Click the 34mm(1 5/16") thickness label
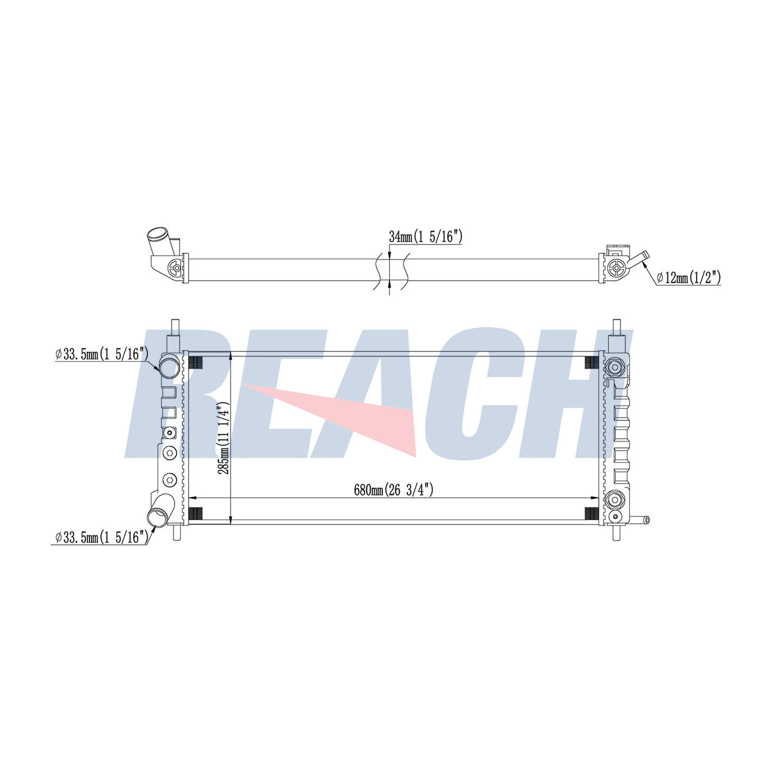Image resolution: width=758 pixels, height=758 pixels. [x=425, y=237]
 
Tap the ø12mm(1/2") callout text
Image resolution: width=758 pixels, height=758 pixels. [x=689, y=278]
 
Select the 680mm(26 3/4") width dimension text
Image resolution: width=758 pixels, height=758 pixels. [x=394, y=490]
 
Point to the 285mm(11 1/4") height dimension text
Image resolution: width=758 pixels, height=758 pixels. [x=223, y=438]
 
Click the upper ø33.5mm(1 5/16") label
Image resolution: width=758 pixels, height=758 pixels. [x=102, y=353]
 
